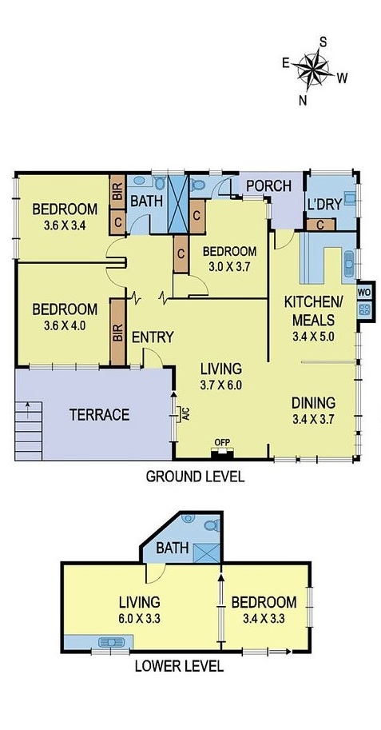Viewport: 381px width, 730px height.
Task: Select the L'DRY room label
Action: (x=324, y=204)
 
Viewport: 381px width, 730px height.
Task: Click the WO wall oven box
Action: (x=364, y=292)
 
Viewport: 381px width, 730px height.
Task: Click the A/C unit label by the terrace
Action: (x=183, y=414)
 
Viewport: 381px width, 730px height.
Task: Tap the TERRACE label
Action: (x=99, y=415)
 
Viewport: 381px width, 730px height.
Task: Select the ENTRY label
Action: (x=153, y=337)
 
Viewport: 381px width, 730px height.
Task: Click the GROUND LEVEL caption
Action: (x=194, y=477)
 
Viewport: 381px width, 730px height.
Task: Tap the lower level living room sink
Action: (x=107, y=641)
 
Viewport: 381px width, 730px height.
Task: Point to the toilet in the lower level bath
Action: (x=210, y=527)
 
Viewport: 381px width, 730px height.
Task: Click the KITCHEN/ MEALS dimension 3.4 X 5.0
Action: (x=313, y=336)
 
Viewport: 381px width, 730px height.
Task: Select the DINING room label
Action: (x=312, y=402)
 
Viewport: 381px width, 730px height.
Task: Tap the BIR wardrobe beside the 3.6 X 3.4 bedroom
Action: (x=117, y=192)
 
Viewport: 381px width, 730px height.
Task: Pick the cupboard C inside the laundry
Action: (x=320, y=225)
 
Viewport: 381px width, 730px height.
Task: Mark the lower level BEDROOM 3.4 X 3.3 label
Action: (x=264, y=608)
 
